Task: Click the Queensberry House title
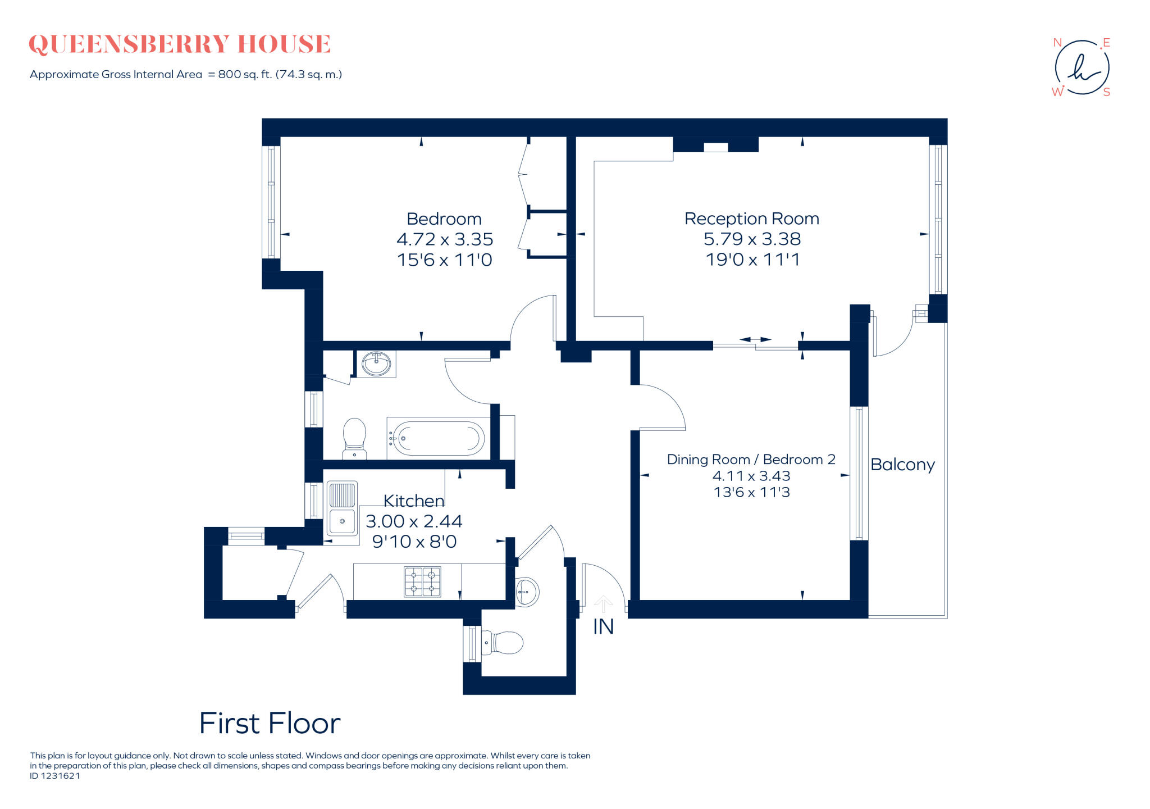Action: click(x=180, y=44)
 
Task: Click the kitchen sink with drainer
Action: click(x=342, y=511)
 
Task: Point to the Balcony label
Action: click(x=902, y=465)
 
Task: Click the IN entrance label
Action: click(x=603, y=627)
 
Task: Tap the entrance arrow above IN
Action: click(x=603, y=604)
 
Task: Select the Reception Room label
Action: click(x=751, y=219)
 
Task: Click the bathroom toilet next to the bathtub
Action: click(x=354, y=438)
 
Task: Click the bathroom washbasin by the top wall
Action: click(x=376, y=363)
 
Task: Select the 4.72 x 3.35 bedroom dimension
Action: click(x=444, y=239)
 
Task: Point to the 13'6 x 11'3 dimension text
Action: click(x=751, y=492)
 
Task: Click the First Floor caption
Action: click(x=270, y=724)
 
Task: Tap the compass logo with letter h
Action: click(x=1081, y=67)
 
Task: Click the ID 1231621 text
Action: click(x=55, y=776)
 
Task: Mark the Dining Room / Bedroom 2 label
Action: click(x=751, y=460)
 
